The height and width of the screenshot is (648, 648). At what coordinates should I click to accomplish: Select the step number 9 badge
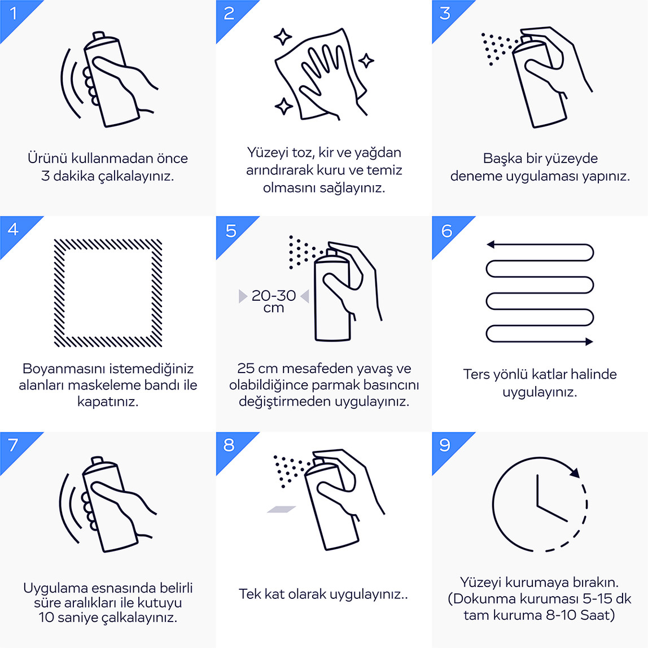[446, 446]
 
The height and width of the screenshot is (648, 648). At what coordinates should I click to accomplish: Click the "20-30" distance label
[274, 295]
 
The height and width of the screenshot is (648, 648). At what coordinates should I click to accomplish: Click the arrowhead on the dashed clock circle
[575, 472]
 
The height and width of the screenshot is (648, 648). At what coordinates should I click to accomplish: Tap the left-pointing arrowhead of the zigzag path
[491, 244]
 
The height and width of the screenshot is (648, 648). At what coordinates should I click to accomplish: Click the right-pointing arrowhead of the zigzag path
[589, 341]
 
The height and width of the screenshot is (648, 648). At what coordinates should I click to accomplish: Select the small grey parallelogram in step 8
[282, 509]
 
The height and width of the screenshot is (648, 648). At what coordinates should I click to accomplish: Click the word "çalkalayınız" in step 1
[136, 177]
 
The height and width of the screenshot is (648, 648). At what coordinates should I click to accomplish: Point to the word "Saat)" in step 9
[598, 615]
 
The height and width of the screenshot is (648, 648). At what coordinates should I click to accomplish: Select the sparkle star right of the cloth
[366, 61]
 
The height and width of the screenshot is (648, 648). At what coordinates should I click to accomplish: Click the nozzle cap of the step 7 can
[98, 460]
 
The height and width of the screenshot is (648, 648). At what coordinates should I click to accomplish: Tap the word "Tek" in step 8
[249, 594]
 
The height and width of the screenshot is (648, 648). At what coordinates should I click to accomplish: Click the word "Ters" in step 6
[476, 374]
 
